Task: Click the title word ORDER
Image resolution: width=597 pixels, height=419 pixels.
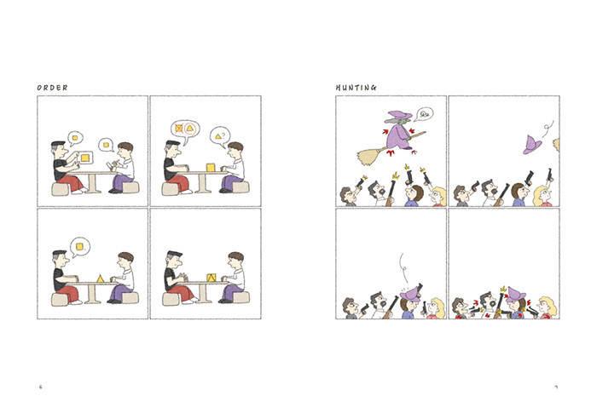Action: click(52, 88)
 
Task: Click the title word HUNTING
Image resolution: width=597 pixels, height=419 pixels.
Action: click(356, 88)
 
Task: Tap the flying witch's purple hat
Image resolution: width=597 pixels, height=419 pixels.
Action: click(399, 114)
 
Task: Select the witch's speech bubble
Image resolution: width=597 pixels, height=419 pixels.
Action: click(424, 113)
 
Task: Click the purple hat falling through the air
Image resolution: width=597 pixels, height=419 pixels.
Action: click(532, 145)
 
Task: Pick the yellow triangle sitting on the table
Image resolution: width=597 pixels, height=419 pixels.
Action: click(100, 278)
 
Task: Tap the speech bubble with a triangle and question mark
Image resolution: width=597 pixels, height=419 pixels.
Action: click(220, 136)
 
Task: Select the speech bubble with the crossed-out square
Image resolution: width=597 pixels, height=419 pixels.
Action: click(185, 130)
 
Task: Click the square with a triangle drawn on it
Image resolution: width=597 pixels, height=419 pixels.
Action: click(212, 278)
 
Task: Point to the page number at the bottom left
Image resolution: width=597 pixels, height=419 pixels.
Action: click(41, 387)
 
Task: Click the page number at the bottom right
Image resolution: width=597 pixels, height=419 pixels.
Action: click(556, 387)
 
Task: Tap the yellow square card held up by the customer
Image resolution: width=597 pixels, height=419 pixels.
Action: click(85, 158)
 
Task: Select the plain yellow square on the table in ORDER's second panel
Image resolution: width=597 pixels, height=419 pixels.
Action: click(211, 167)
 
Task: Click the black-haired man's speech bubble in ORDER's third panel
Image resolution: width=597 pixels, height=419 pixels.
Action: click(80, 247)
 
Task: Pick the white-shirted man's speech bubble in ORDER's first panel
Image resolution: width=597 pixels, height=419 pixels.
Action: click(106, 145)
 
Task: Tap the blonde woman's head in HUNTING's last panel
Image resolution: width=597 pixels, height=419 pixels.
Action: click(548, 306)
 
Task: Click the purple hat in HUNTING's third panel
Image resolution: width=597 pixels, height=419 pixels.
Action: click(409, 294)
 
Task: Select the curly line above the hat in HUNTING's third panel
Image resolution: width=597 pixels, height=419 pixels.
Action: click(403, 267)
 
